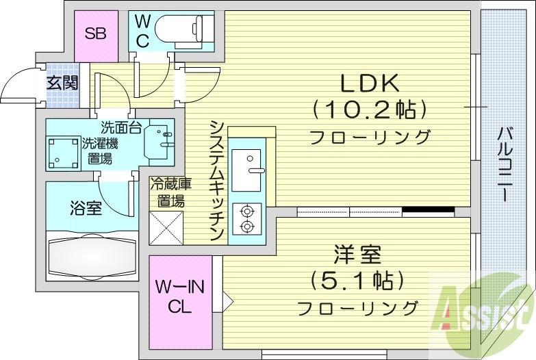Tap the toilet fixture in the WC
point(183,29)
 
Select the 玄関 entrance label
point(62,83)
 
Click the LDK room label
point(370,83)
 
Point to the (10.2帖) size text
point(370,109)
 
